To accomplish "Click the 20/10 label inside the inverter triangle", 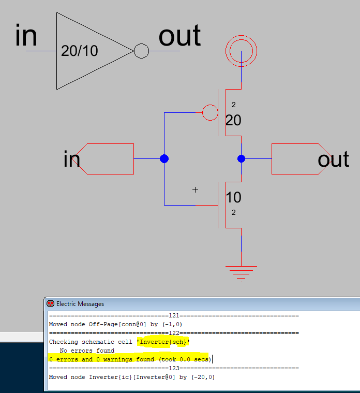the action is (x=79, y=51).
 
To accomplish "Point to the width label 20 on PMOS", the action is (x=233, y=120).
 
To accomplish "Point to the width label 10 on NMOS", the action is (x=234, y=197).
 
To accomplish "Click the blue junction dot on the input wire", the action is (x=164, y=158).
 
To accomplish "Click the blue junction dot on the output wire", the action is (x=241, y=158).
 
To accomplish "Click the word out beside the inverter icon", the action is (x=179, y=36).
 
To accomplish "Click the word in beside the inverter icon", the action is (x=26, y=35).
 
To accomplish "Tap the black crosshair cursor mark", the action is (x=195, y=190).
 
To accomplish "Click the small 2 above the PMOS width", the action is (x=234, y=105).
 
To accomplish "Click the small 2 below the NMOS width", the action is (x=234, y=212).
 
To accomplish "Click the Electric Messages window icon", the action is (x=51, y=304).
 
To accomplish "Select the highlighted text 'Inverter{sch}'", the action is (x=163, y=342).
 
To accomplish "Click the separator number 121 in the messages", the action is (x=174, y=315).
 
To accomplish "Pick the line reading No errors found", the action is (x=87, y=351).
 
